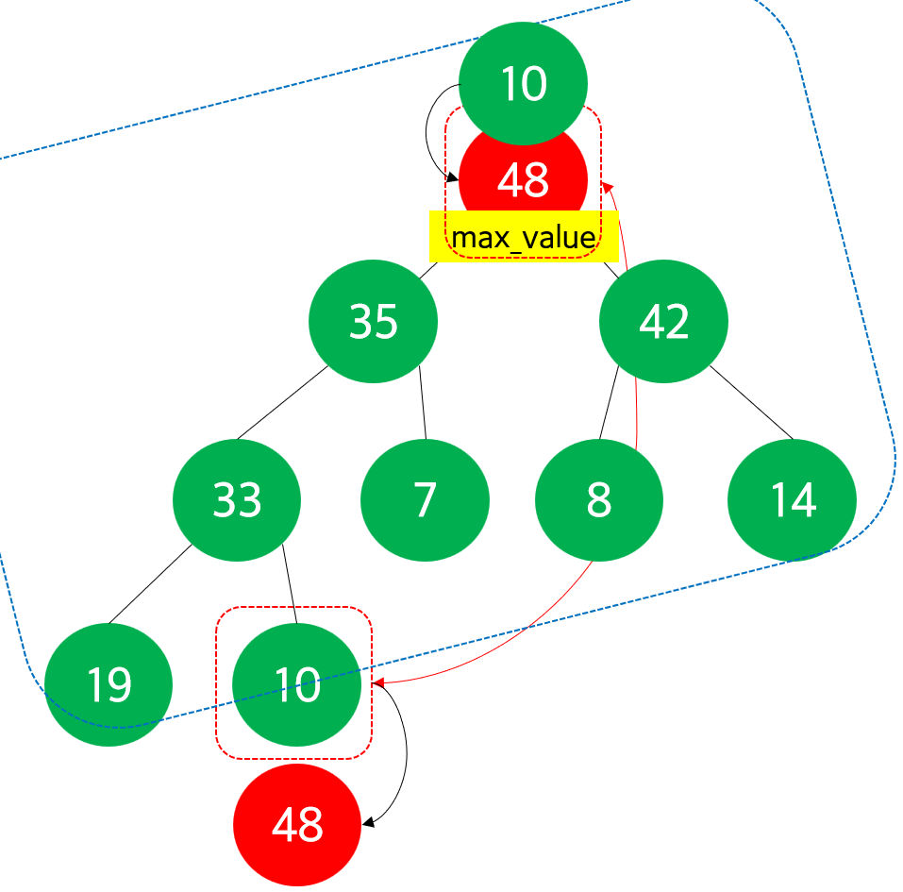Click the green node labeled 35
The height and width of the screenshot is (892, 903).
(x=373, y=321)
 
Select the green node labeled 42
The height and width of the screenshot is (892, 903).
(x=663, y=321)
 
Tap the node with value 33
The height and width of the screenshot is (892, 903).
(x=237, y=499)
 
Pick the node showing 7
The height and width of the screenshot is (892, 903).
(x=425, y=499)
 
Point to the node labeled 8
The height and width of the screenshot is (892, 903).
(x=599, y=499)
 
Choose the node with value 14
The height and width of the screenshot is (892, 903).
(x=793, y=499)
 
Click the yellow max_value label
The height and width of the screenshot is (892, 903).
(x=523, y=238)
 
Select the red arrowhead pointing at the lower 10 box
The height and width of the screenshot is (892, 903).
(x=377, y=682)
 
